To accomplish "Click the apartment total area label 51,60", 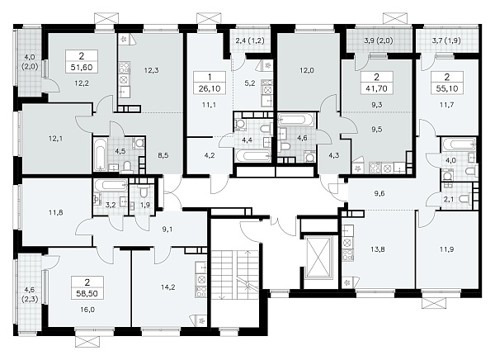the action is (82, 68).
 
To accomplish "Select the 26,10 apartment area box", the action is (210, 83).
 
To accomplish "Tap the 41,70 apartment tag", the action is (377, 83).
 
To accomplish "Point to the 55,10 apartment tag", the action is (447, 83).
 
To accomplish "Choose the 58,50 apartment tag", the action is (87, 287).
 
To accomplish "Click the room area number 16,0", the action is (87, 310).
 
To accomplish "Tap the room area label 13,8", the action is (378, 249).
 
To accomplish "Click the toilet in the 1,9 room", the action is (144, 192).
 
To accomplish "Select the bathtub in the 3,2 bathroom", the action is (111, 185).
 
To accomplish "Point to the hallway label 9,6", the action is (379, 193).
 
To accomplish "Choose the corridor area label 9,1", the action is (167, 230).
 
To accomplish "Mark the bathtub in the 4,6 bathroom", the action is (296, 120).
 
